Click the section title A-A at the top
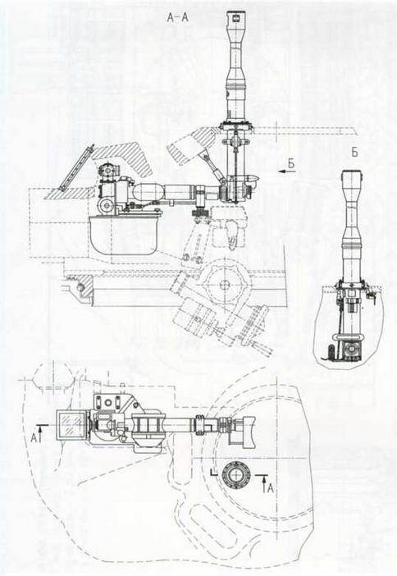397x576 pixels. point(177,17)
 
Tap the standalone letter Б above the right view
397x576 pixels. point(354,153)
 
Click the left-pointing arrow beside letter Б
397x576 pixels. point(286,171)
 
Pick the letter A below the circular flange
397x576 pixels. point(270,488)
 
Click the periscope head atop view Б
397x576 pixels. point(352,179)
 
